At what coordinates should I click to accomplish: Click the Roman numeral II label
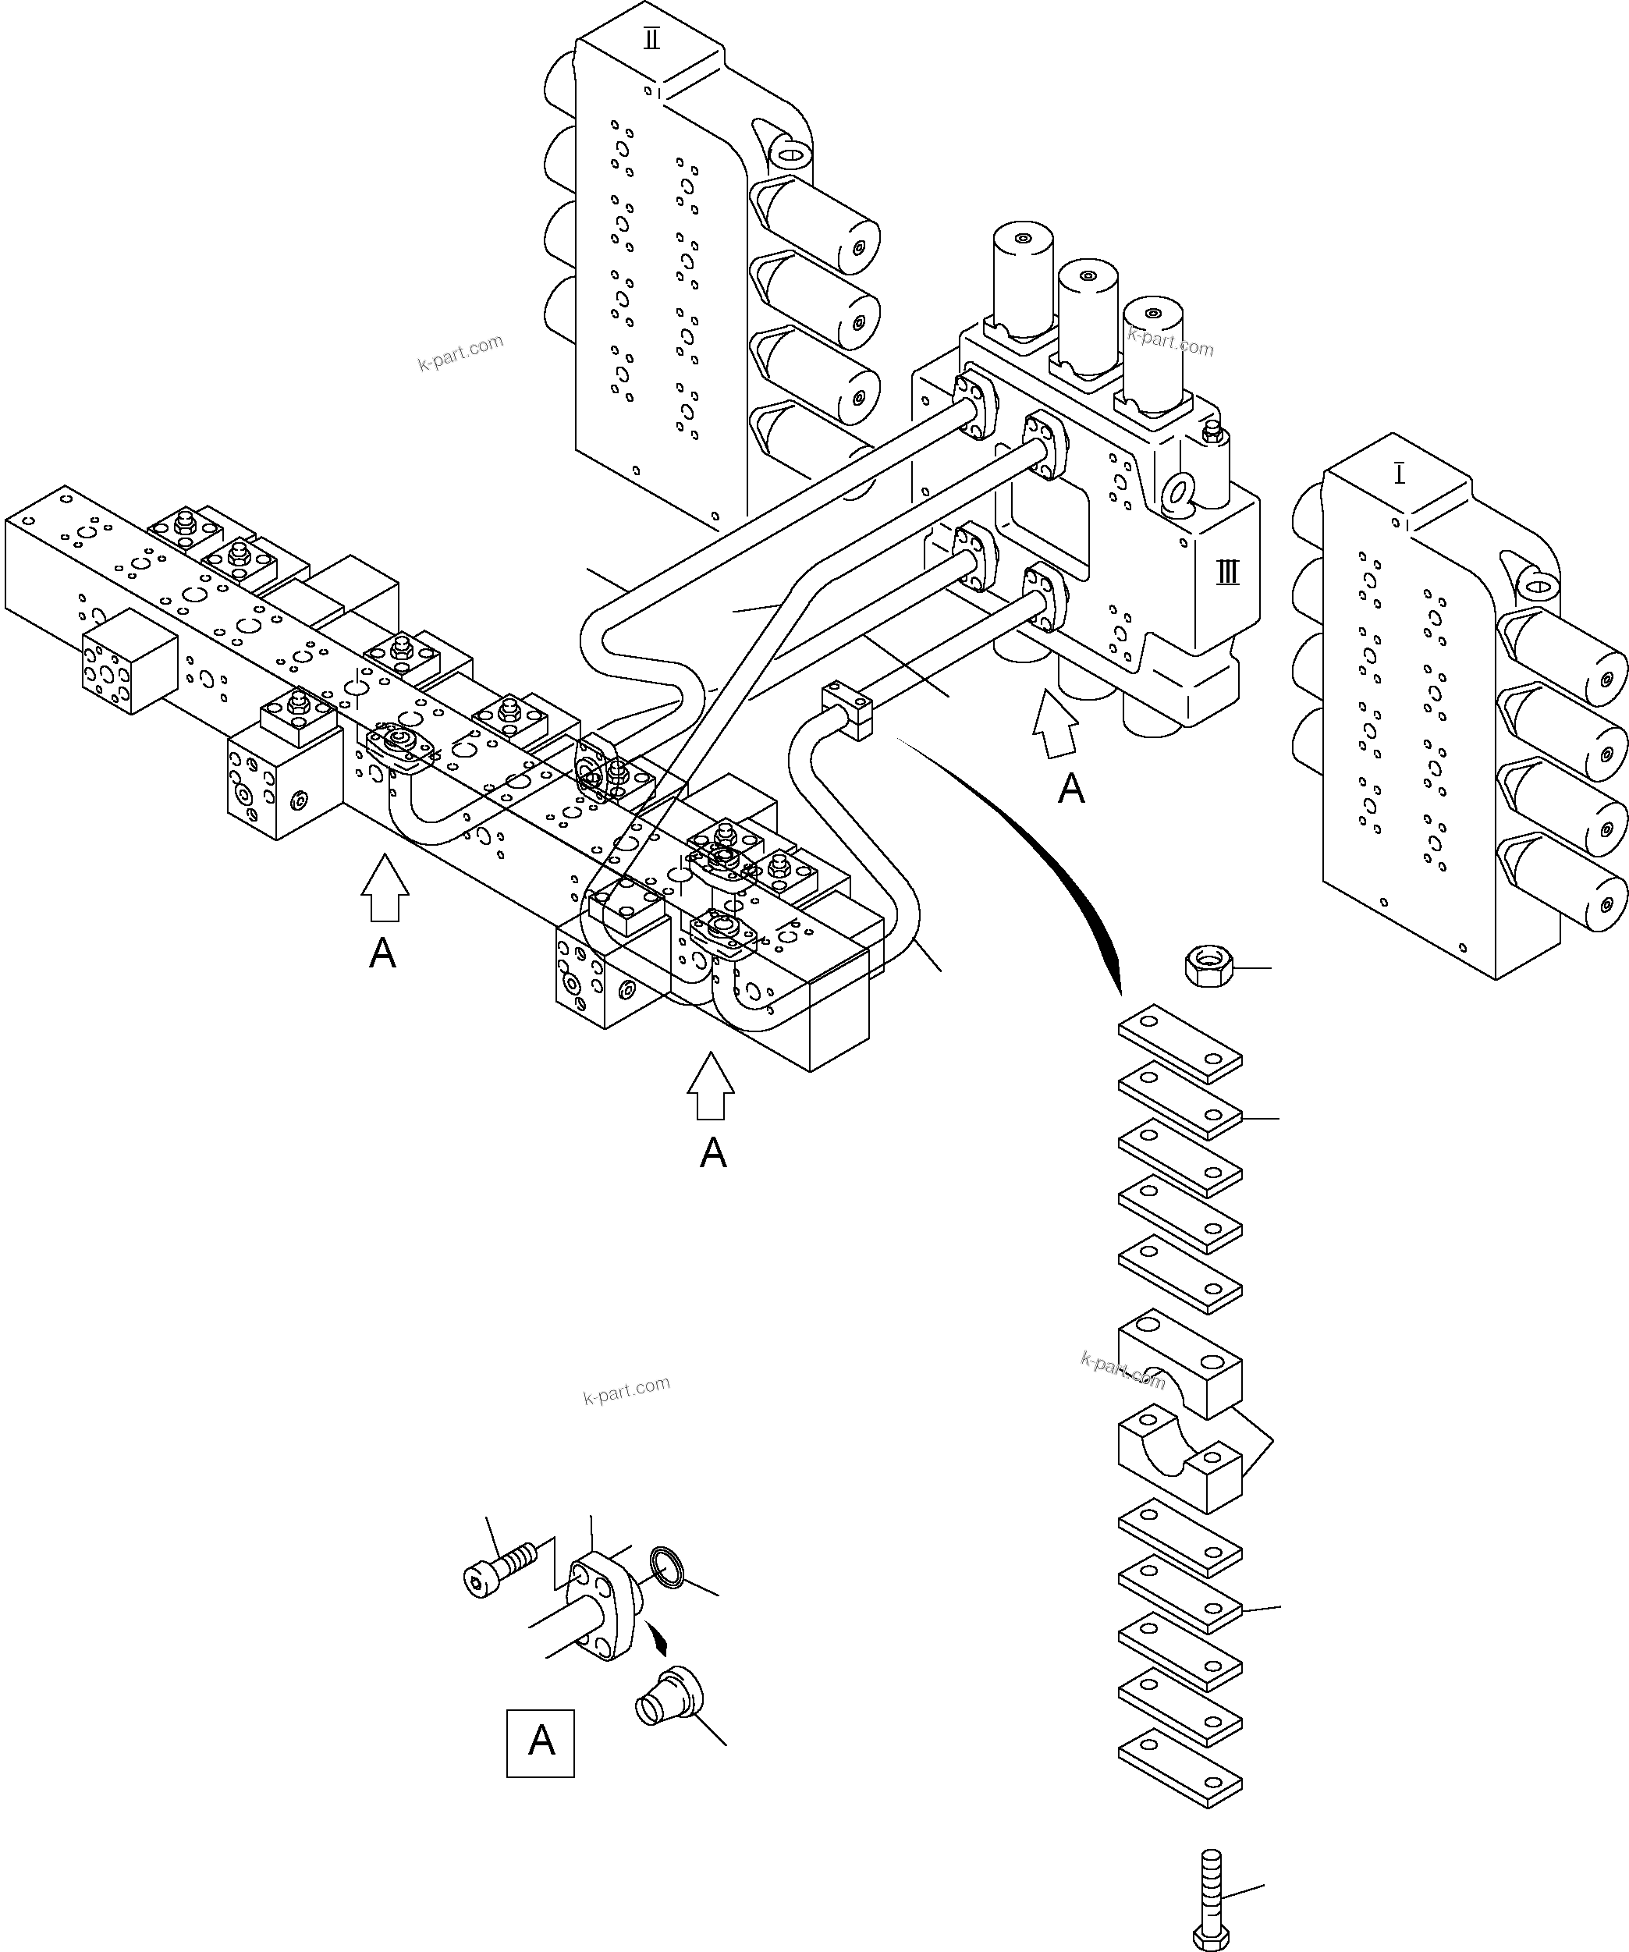(x=651, y=40)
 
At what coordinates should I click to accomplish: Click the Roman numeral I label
(x=1400, y=475)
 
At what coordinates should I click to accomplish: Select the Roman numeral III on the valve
(x=1227, y=573)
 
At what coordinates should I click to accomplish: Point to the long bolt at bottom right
(x=1211, y=1897)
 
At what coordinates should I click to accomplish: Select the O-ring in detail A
(x=667, y=1567)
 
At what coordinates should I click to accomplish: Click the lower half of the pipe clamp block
(x=1180, y=1458)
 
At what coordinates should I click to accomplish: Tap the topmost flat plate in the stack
(x=1180, y=1044)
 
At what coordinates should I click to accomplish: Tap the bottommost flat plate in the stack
(x=1180, y=1767)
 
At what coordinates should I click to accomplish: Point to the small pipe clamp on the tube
(x=847, y=710)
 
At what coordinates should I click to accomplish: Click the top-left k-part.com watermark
(x=460, y=353)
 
